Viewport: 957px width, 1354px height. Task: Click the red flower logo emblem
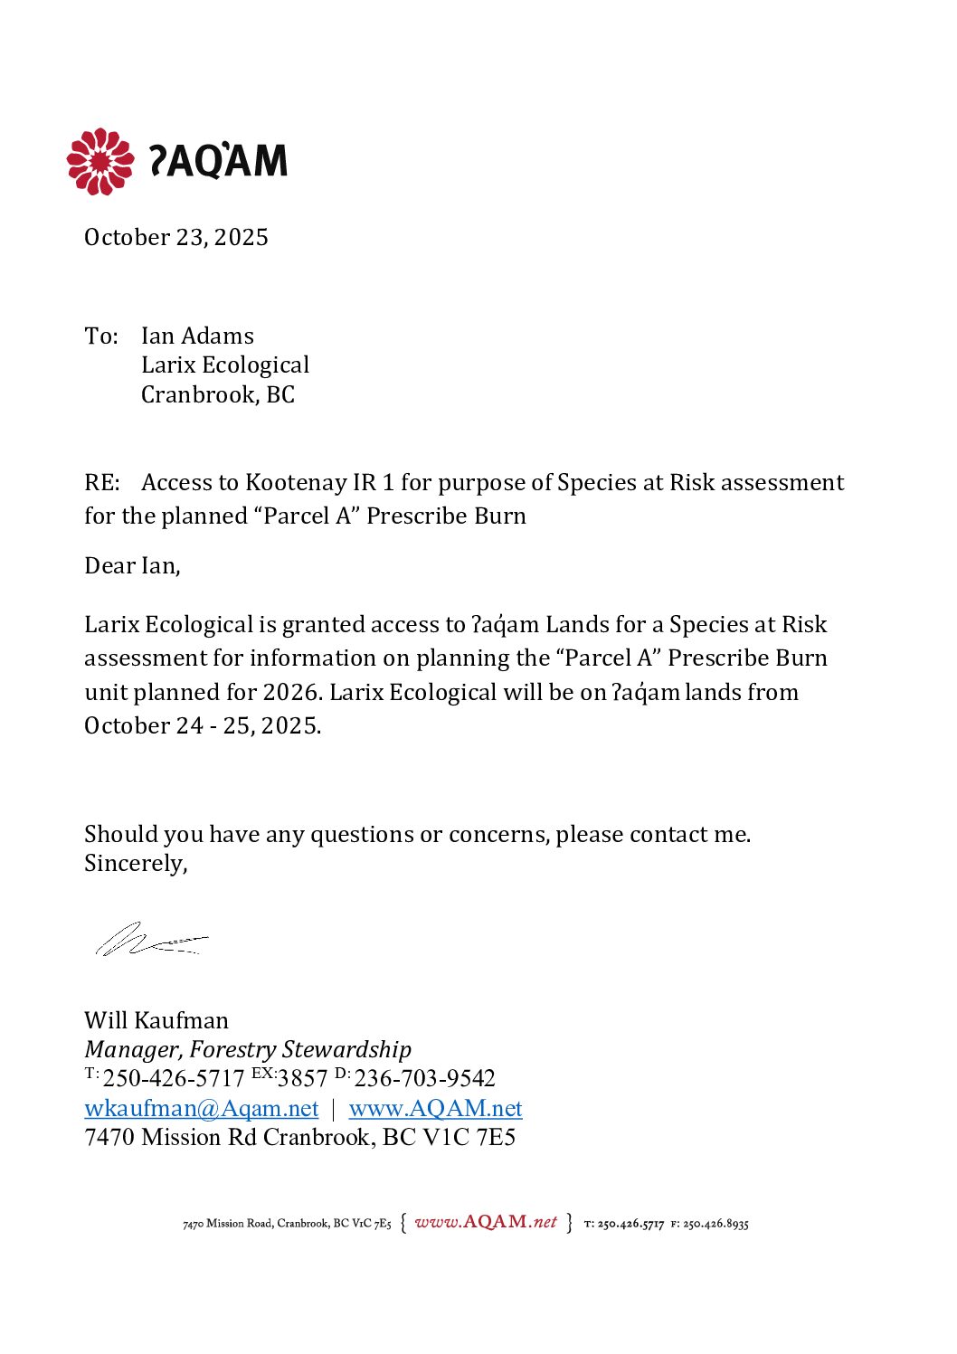click(x=99, y=161)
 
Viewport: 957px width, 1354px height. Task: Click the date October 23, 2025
click(x=176, y=237)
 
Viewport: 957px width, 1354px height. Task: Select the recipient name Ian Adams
click(x=197, y=336)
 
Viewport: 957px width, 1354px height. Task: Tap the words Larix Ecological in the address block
click(x=225, y=365)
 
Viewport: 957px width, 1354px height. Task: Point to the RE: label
click(x=101, y=482)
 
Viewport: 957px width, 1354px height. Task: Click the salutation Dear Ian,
click(x=132, y=565)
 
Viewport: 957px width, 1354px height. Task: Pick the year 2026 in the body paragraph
click(x=289, y=692)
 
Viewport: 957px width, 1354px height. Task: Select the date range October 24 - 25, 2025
click(x=203, y=725)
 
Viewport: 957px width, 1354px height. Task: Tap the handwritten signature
click(x=149, y=941)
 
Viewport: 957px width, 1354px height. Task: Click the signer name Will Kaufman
click(x=156, y=1020)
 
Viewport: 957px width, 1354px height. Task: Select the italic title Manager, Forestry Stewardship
click(x=248, y=1049)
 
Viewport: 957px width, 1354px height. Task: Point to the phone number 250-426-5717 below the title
click(x=174, y=1078)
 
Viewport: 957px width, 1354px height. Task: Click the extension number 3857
click(x=302, y=1078)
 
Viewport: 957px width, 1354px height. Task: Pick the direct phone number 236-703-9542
click(x=424, y=1078)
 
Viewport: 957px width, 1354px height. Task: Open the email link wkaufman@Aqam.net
click(x=202, y=1108)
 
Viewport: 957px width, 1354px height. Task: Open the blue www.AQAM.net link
click(x=435, y=1108)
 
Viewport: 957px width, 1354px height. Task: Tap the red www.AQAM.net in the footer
click(x=486, y=1222)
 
